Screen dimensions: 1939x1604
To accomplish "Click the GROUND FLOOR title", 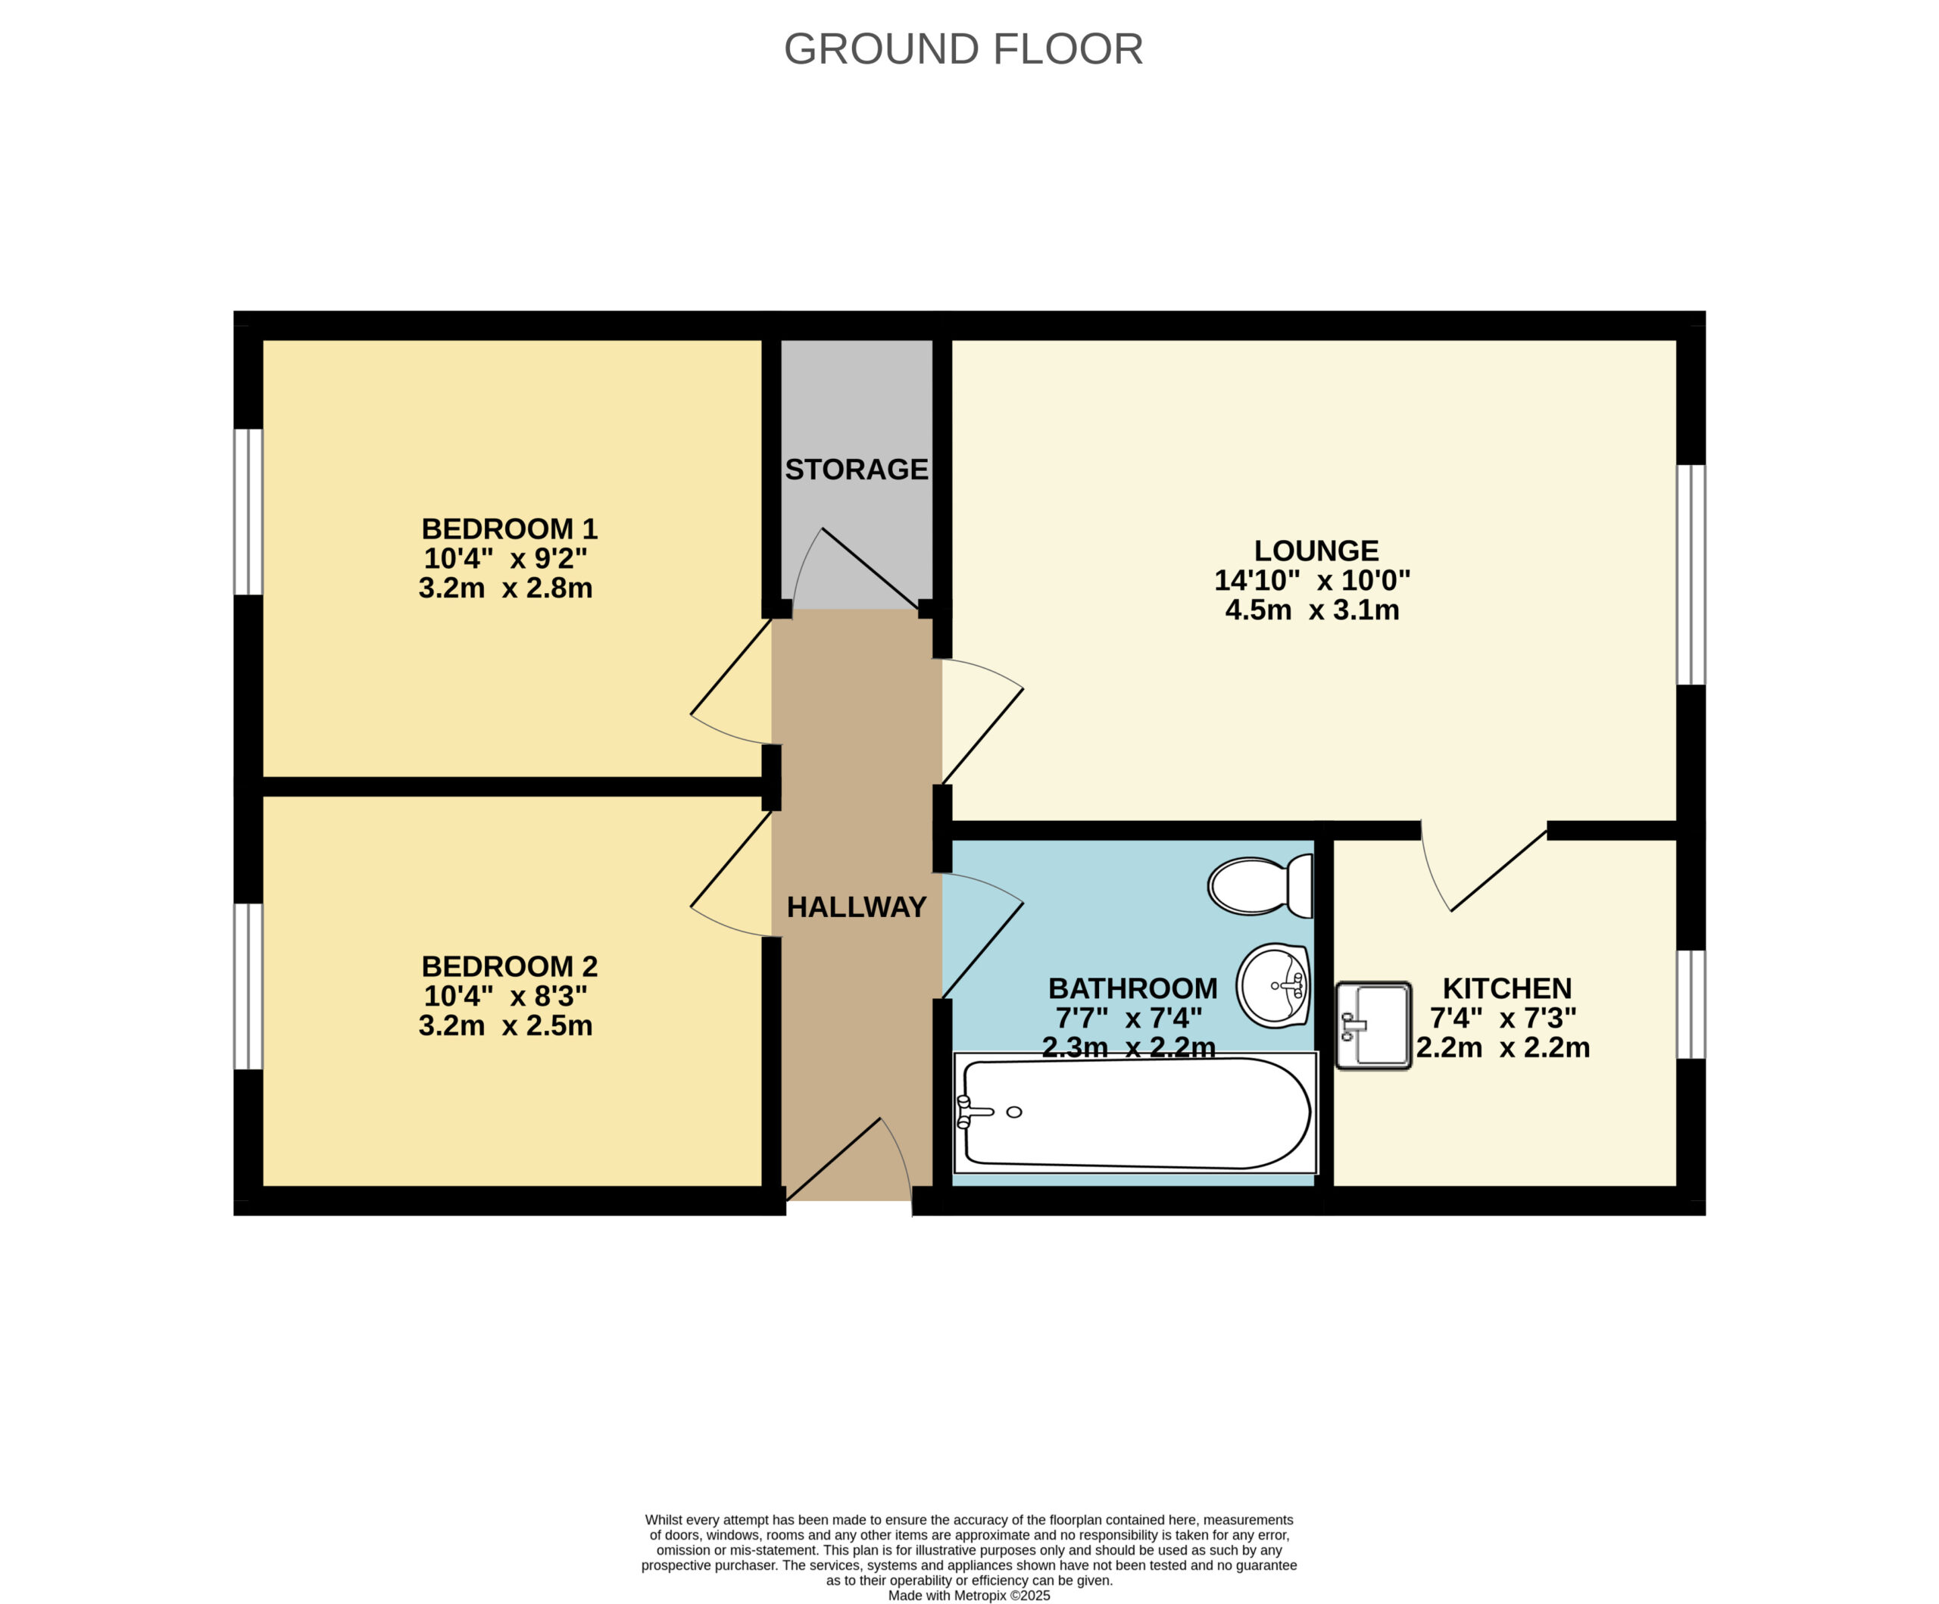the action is (963, 49).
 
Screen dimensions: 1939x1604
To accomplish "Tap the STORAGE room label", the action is (856, 469).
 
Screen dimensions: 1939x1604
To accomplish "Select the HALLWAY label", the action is (856, 907).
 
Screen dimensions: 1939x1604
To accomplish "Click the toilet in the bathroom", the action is (1260, 885).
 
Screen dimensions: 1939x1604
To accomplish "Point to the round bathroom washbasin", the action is (1273, 985).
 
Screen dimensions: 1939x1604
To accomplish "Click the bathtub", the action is (1135, 1112).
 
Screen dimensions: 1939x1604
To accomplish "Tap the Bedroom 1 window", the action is (248, 512).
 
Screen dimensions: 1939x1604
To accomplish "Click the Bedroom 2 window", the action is (248, 986).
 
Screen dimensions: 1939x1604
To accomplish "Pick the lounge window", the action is (1691, 574).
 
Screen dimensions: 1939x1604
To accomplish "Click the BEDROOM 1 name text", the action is (510, 529).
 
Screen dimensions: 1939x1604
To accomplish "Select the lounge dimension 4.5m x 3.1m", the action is (1312, 610).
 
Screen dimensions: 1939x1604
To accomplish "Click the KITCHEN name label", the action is (1507, 988).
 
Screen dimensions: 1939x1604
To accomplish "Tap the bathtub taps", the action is (973, 1112).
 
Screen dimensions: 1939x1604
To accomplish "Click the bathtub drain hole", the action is (1014, 1112).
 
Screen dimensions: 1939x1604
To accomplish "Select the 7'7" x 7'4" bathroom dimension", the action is (1129, 1019).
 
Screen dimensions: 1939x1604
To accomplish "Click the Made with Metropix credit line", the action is (969, 1596).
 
